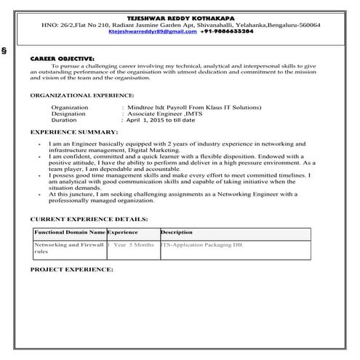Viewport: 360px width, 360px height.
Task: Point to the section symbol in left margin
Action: tap(6, 52)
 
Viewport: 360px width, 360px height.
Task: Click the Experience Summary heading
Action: tap(73, 133)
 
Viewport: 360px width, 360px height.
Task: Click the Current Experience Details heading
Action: tap(89, 218)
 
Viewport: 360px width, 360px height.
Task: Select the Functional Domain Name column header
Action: tap(69, 232)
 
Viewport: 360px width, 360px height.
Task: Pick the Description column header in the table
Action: tap(176, 232)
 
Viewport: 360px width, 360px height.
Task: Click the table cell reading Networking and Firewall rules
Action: tap(69, 249)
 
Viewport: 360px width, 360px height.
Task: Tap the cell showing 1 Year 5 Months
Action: tap(131, 246)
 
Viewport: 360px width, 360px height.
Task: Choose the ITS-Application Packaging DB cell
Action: tap(202, 246)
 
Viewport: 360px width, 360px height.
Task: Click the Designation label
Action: tap(68, 114)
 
